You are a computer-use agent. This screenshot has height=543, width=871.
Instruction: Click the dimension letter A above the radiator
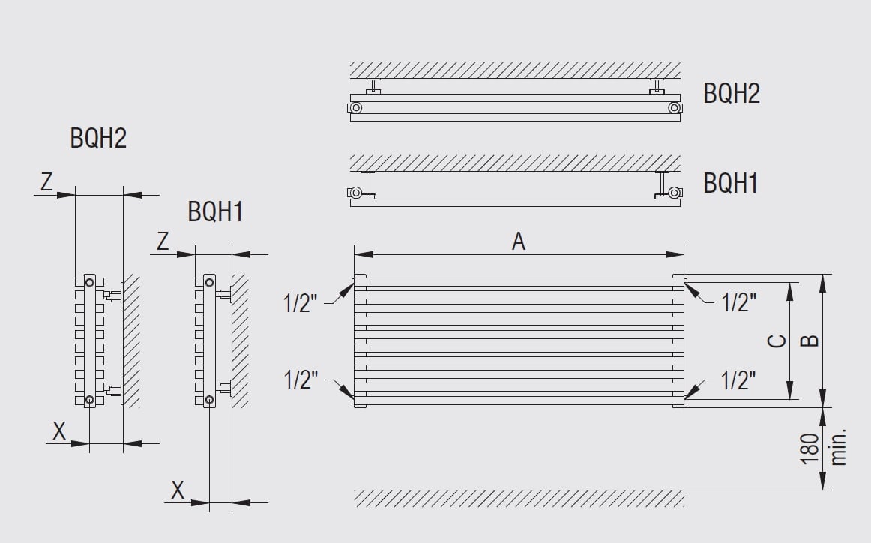(x=518, y=241)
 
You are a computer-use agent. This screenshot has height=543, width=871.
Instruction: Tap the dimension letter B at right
(x=810, y=340)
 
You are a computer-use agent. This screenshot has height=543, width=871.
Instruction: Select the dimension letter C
(x=777, y=340)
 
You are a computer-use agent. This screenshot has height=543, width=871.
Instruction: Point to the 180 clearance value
(x=810, y=448)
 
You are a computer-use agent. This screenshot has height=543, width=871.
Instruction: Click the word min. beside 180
(x=838, y=447)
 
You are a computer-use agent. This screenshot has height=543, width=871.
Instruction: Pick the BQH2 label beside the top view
(x=731, y=93)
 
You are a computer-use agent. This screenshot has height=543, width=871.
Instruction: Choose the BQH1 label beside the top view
(x=731, y=183)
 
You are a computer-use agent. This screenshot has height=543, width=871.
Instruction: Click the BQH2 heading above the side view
(x=98, y=138)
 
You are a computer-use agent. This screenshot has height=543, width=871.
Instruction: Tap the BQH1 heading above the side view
(x=215, y=211)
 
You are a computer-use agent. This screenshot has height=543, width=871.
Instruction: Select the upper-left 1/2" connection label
(x=300, y=304)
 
